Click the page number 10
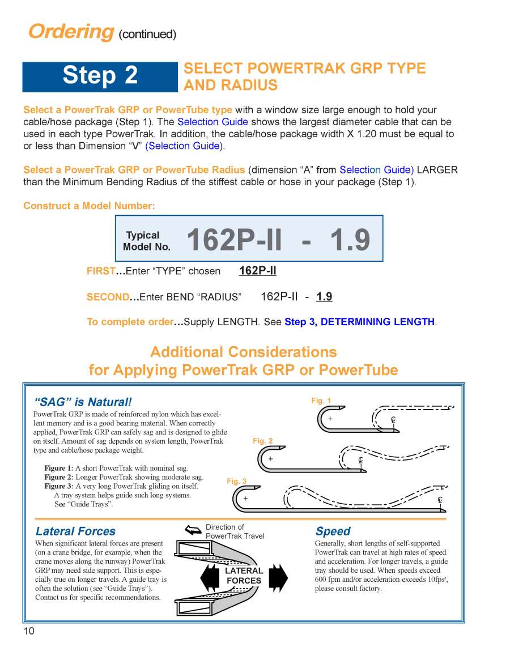29,631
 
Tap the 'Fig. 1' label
321,401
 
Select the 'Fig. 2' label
262,441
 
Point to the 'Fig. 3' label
236,481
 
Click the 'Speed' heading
333,531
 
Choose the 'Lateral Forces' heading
75,531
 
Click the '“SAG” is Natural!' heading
83,402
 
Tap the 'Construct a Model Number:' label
89,206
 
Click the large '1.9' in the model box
350,240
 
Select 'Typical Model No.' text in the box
146,241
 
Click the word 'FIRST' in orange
101,271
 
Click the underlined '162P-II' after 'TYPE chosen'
257,271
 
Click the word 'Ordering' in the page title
71,31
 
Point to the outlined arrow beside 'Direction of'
193,530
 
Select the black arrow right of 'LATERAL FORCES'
278,576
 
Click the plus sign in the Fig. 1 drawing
330,419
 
